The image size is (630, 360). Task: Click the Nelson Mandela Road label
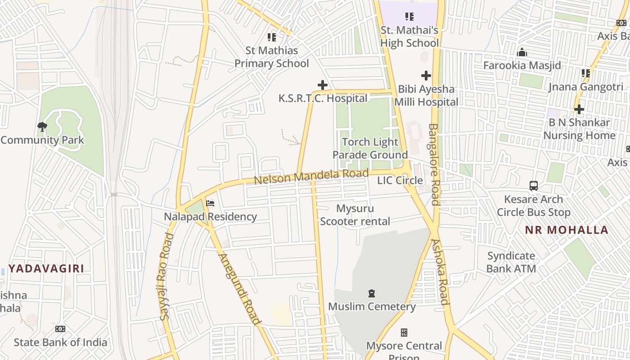[311, 176]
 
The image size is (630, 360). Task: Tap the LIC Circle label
[400, 180]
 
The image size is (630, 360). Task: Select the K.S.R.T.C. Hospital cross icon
[323, 85]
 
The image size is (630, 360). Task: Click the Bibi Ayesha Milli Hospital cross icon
[426, 76]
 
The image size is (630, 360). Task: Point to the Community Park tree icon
[42, 126]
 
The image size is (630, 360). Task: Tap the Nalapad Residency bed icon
[210, 203]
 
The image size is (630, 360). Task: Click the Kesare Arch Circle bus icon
[533, 185]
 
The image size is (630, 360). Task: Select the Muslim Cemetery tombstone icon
[372, 293]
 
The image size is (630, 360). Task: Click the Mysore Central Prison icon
[404, 333]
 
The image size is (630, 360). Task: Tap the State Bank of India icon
[60, 329]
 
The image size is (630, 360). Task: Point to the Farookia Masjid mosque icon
[522, 53]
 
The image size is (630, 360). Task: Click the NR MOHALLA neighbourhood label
[567, 230]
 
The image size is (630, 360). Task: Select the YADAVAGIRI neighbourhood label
[46, 269]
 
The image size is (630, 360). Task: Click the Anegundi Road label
[239, 289]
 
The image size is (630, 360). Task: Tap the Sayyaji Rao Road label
[166, 276]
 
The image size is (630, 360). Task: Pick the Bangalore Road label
[434, 165]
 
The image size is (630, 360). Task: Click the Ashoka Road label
[441, 272]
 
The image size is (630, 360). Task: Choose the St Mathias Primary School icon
[272, 37]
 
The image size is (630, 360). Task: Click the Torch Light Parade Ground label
[370, 148]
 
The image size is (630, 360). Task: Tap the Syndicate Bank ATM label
[511, 262]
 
